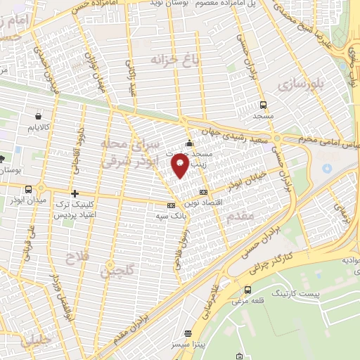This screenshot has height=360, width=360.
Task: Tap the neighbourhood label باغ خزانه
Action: click(174, 60)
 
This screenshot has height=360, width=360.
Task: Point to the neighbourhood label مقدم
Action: click(240, 217)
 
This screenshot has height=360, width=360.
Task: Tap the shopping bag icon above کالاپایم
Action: click(37, 116)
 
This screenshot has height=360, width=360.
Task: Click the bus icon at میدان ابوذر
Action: click(28, 189)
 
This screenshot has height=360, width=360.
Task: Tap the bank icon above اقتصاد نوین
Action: click(204, 192)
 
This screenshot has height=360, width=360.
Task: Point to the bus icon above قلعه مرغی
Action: click(247, 290)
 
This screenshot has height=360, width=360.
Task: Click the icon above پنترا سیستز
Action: click(188, 334)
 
